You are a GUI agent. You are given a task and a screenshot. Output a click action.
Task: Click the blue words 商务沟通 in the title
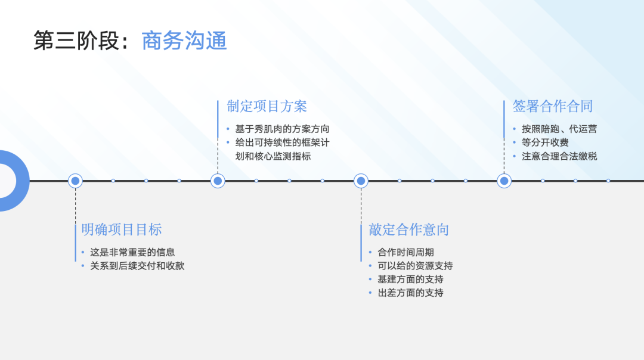pyautogui.click(x=184, y=41)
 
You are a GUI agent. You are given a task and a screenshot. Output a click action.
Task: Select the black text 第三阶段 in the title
pyautogui.click(x=76, y=41)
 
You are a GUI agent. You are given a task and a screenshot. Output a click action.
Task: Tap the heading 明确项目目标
pyautogui.click(x=122, y=229)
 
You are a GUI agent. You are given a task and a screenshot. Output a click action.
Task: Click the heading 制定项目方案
pyautogui.click(x=267, y=106)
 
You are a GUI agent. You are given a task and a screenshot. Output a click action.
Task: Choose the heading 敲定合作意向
pyautogui.click(x=408, y=229)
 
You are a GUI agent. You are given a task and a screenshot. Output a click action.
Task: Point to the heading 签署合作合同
pyautogui.click(x=553, y=106)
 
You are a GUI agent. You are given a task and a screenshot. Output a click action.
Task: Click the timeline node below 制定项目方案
pyautogui.click(x=218, y=181)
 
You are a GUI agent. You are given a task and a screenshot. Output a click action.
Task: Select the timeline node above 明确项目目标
pyautogui.click(x=75, y=181)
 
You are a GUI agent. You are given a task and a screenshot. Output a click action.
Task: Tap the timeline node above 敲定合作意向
pyautogui.click(x=361, y=181)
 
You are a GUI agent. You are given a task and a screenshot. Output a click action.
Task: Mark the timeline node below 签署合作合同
pyautogui.click(x=504, y=181)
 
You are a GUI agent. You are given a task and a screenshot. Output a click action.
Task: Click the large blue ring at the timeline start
pyautogui.click(x=12, y=181)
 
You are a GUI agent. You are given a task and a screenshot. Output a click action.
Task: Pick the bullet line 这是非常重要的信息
pyautogui.click(x=132, y=252)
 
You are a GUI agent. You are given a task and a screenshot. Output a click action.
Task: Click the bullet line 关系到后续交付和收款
pyautogui.click(x=137, y=266)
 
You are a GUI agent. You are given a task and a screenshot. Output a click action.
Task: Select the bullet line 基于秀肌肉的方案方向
pyautogui.click(x=282, y=129)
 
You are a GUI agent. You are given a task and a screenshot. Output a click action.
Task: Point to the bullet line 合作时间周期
pyautogui.click(x=405, y=252)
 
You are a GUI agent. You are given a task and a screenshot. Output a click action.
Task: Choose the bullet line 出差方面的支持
pyautogui.click(x=410, y=293)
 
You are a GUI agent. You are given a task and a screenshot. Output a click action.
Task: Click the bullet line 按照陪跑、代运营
pyautogui.click(x=559, y=129)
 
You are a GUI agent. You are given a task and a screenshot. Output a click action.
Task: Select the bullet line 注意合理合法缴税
pyautogui.click(x=559, y=156)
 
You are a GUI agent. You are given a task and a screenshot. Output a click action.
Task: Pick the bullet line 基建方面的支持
pyautogui.click(x=410, y=279)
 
